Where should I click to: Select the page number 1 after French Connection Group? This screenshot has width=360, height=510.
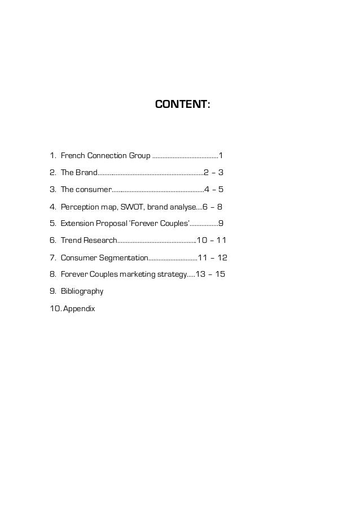(221, 155)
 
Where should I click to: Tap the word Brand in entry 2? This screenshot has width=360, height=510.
(86, 172)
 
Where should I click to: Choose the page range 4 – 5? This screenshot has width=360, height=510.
(214, 189)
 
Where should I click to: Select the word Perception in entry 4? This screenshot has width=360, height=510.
(81, 207)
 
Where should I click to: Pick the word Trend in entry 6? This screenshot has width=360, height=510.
(71, 241)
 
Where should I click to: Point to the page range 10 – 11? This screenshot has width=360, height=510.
(211, 241)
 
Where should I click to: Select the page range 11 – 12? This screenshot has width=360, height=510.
(213, 258)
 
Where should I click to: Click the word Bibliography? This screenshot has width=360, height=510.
(82, 291)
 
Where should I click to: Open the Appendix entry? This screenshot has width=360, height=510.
(79, 309)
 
